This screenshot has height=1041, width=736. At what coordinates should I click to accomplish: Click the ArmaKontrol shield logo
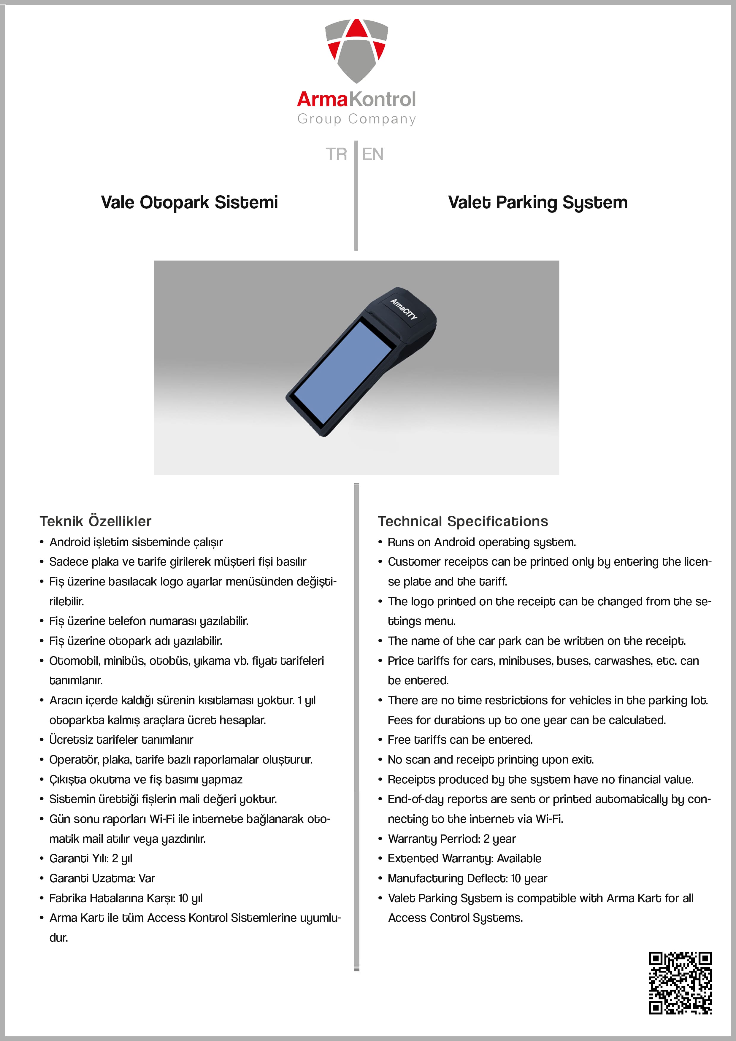pos(356,50)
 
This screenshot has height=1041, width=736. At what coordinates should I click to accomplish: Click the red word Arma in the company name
pos(322,99)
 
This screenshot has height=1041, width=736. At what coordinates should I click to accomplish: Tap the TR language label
pos(336,154)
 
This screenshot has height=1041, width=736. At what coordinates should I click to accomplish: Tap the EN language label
pos(372,154)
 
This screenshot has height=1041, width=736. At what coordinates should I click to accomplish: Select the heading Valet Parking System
pos(537,202)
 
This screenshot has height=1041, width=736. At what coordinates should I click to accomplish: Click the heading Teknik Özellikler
pos(95,521)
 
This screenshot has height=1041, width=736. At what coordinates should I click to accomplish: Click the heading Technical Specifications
pos(463,521)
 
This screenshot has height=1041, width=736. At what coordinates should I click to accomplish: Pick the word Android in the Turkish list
pos(70,542)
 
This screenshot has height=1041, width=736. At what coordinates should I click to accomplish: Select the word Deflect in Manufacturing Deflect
pos(488,878)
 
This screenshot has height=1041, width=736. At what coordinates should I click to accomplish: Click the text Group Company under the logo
pos(356,119)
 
